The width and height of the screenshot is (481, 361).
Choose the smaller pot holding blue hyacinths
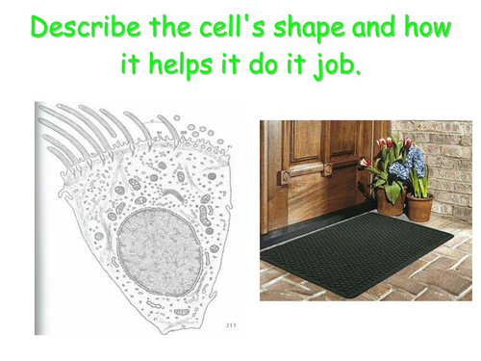[418, 206]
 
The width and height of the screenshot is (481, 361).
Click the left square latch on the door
[285, 175]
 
